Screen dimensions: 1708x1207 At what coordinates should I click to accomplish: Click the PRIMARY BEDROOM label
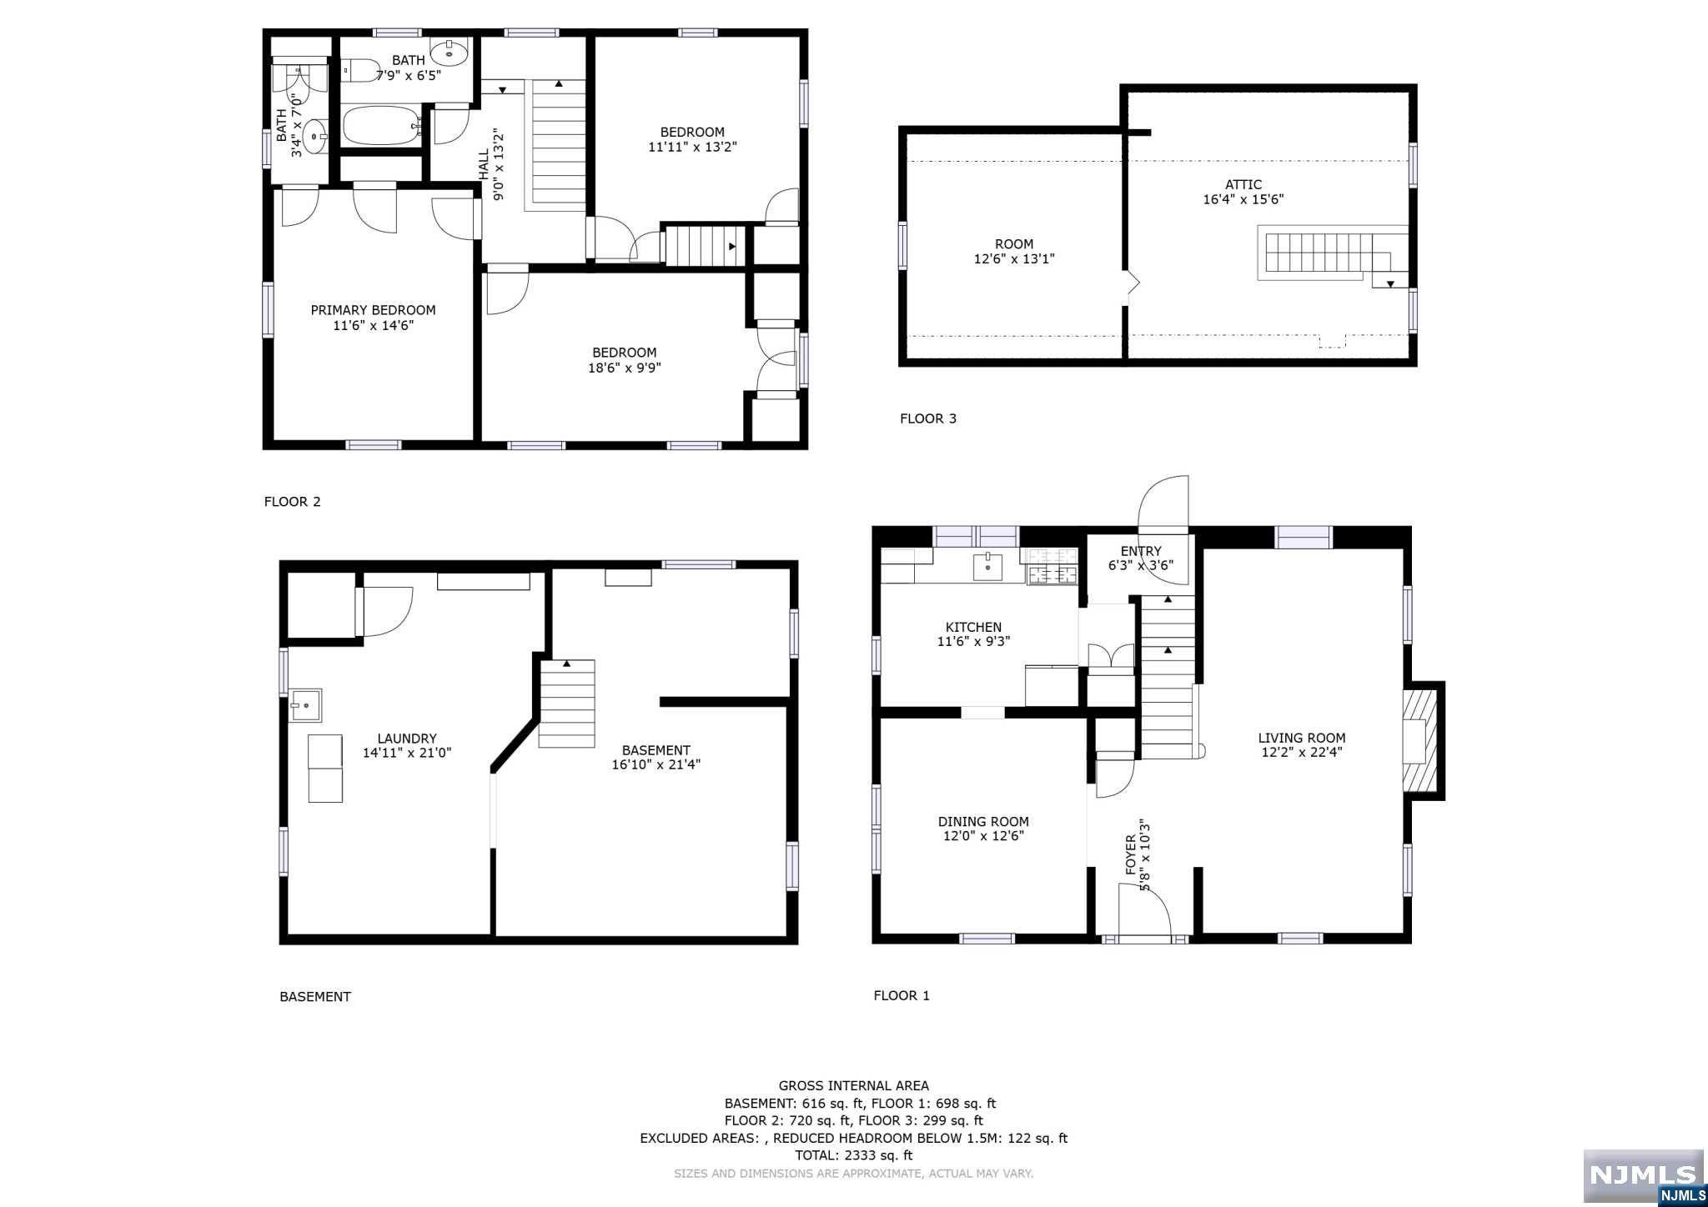click(373, 310)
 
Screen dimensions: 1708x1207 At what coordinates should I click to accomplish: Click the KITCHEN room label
click(973, 627)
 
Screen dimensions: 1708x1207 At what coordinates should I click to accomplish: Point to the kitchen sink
click(987, 566)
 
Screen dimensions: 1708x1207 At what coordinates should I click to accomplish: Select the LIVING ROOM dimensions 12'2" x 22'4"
click(1302, 753)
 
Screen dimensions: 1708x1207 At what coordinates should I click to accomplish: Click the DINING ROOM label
click(983, 821)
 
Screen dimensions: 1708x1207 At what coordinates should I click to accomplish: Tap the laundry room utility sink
click(305, 705)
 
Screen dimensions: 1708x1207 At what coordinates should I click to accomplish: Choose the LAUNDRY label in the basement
click(407, 738)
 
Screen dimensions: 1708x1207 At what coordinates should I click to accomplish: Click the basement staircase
click(567, 704)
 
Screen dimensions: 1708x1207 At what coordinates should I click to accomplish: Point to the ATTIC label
click(1243, 185)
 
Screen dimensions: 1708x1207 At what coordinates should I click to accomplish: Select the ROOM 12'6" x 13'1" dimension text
click(1014, 259)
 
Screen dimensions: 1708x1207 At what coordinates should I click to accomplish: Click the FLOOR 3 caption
click(928, 418)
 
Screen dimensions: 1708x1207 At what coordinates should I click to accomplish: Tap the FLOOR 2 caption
click(293, 501)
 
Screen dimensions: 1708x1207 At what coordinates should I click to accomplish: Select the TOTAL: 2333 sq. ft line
click(853, 1155)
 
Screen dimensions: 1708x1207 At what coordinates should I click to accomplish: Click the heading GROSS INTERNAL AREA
click(854, 1085)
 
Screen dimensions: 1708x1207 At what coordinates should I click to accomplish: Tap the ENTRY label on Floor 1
click(1141, 551)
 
